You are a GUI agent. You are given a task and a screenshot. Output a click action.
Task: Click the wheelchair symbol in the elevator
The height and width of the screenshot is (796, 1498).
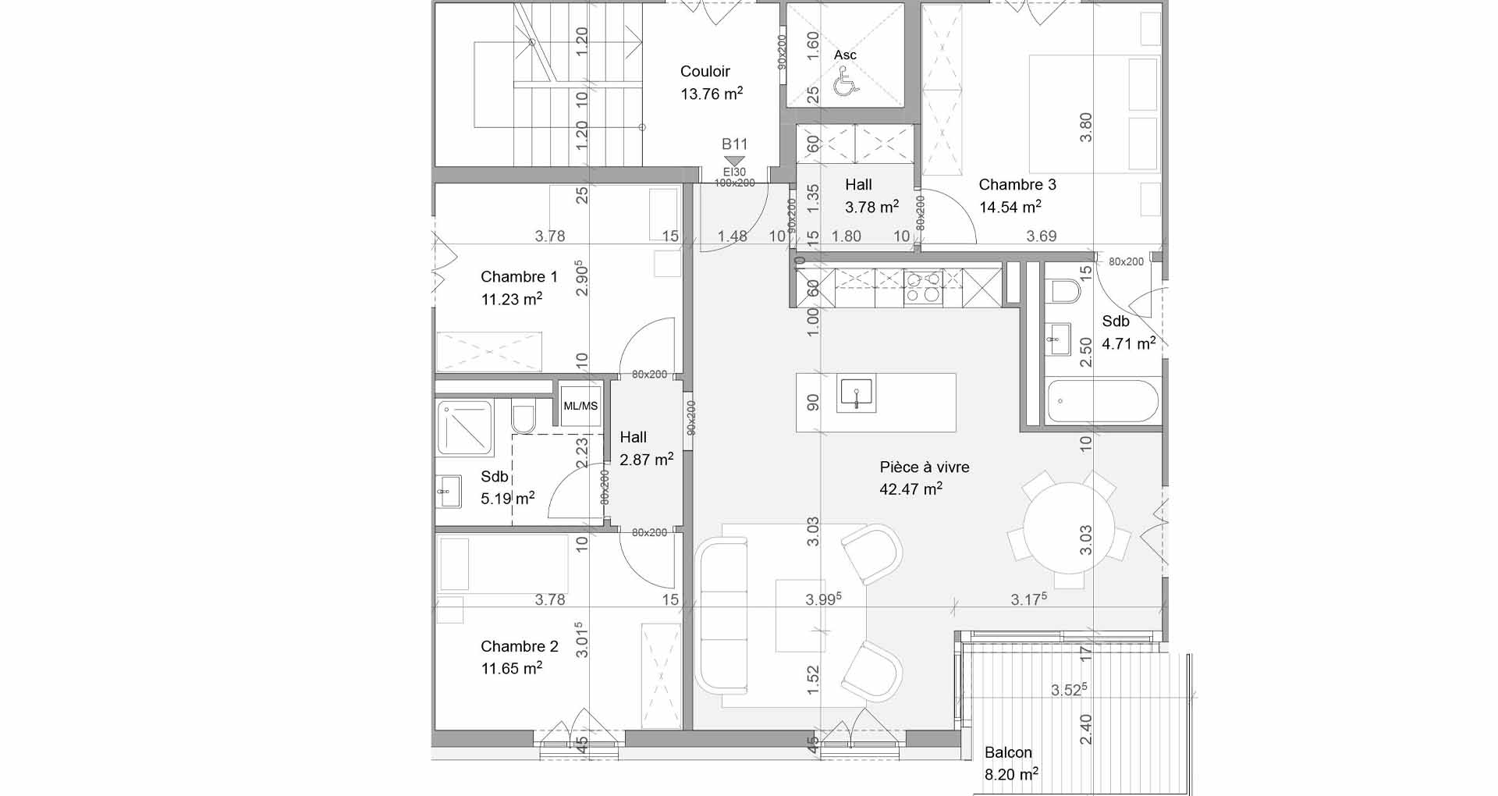[x=846, y=82]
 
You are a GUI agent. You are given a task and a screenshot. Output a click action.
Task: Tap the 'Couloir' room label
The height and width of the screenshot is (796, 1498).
[x=705, y=71]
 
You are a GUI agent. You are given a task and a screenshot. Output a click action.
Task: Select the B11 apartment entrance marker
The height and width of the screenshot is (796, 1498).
[x=734, y=153]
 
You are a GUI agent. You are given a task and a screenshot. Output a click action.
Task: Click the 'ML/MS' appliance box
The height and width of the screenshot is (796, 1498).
[x=580, y=406]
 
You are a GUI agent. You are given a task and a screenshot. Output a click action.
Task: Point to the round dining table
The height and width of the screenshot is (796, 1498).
[x=1068, y=528]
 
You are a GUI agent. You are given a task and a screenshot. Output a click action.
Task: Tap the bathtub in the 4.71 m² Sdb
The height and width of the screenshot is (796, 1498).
[x=1102, y=401]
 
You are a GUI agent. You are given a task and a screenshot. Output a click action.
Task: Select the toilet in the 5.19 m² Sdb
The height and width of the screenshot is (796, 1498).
[x=523, y=418]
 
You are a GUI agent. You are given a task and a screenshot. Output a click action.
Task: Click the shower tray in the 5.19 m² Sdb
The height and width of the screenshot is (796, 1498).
[x=465, y=428]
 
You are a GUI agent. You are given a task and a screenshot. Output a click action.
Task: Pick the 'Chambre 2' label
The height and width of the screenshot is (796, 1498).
[x=520, y=646]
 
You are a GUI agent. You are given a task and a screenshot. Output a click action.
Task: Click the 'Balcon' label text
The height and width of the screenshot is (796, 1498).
[x=1008, y=752]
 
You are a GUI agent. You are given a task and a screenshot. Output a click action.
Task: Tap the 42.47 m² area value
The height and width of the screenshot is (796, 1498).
[x=911, y=489]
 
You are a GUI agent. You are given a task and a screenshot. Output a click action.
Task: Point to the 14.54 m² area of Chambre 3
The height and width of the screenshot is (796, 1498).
[x=1010, y=207]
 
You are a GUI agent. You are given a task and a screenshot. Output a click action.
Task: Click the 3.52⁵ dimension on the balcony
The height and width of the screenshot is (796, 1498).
[x=1069, y=690]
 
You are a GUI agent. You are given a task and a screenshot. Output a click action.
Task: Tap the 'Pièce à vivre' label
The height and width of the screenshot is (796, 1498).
[x=925, y=467]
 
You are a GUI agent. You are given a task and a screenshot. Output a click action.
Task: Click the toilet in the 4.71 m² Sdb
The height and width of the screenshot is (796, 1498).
[x=1065, y=291]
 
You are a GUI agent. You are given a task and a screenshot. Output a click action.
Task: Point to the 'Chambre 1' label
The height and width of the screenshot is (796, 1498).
[x=519, y=276]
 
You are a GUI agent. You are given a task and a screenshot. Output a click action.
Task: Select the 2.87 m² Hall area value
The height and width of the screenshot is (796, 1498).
[x=646, y=460]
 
